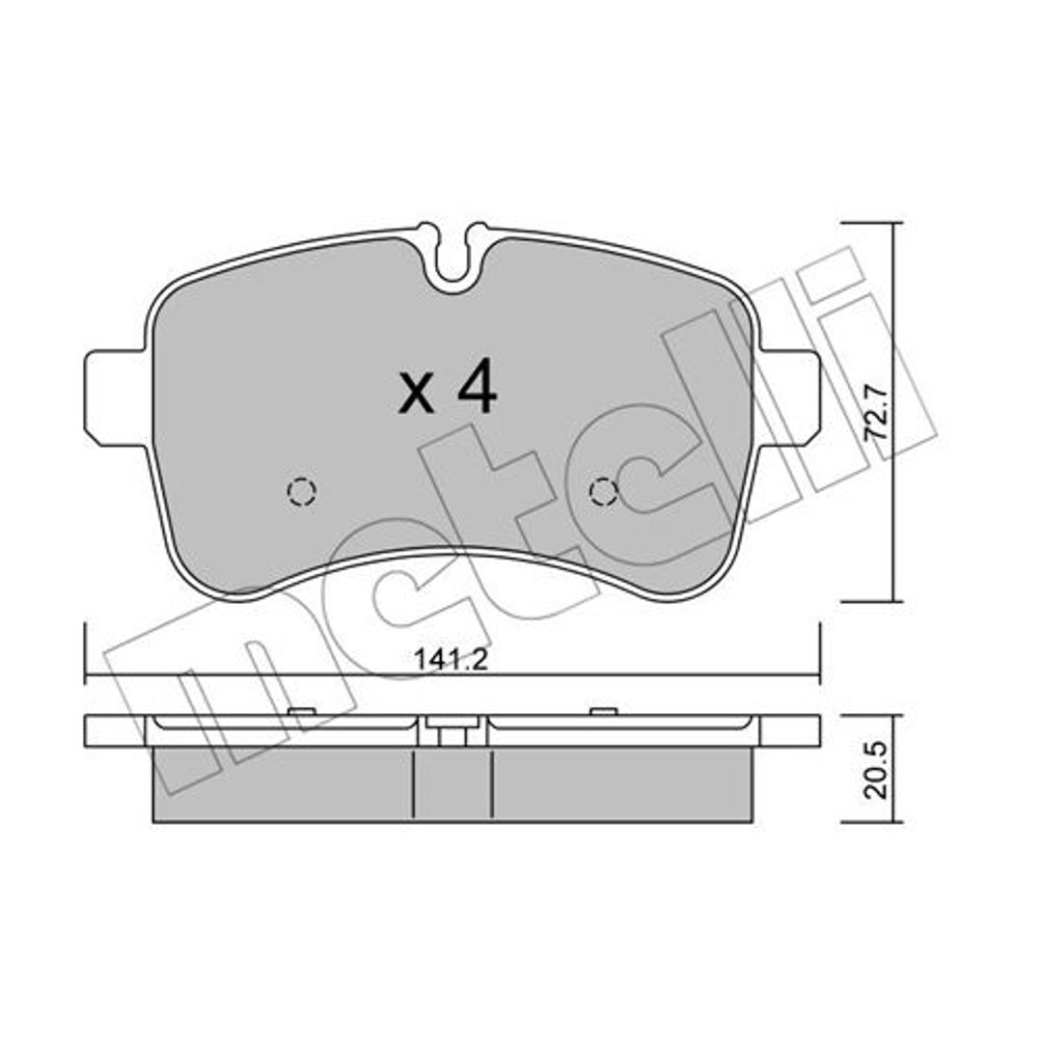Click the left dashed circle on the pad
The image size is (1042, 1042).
302,492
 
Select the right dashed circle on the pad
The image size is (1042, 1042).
604,492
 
